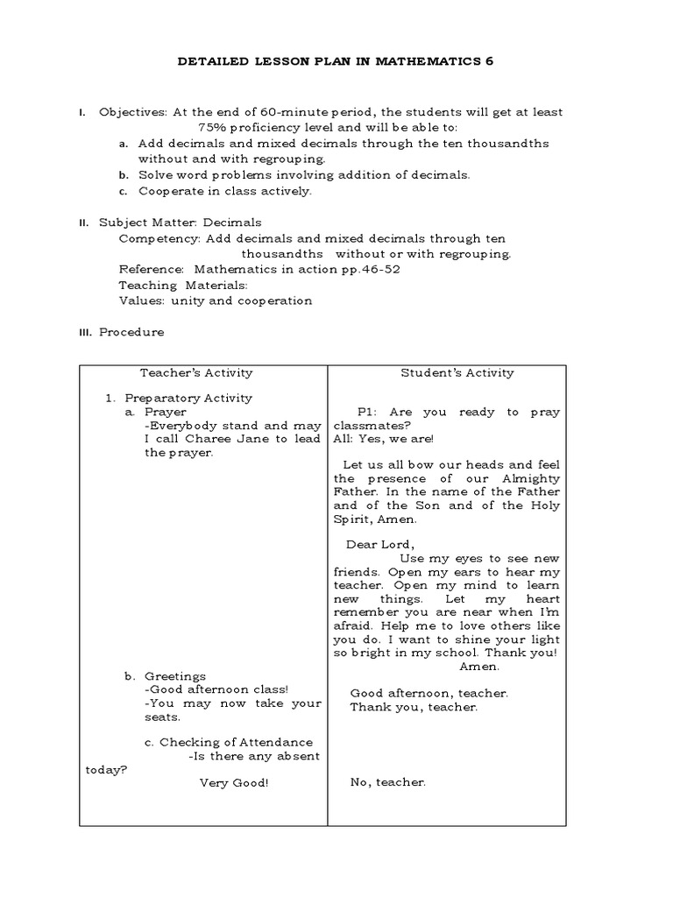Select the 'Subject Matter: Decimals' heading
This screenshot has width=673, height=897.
180,222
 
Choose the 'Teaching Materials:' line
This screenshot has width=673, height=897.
183,285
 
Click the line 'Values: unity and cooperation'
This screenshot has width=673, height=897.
215,300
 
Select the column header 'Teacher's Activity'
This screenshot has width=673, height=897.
202,372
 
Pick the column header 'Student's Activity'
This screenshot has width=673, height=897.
457,372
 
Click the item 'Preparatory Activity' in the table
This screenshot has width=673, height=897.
188,397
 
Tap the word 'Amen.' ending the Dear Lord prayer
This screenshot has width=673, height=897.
479,666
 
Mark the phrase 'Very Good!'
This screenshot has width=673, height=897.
234,782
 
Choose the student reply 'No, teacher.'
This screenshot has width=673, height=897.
387,782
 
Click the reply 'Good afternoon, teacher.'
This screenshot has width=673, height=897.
429,692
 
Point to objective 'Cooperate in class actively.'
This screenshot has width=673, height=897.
224,190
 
